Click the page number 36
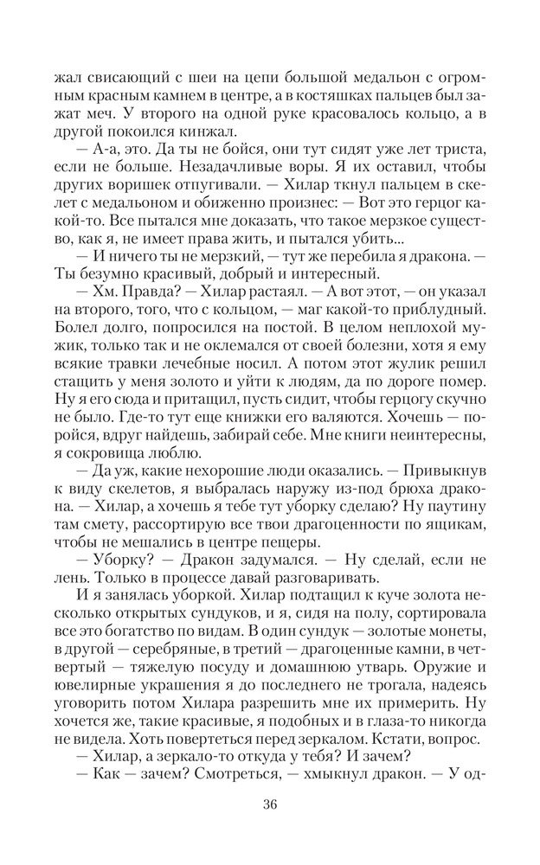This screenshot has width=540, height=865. point(269,805)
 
